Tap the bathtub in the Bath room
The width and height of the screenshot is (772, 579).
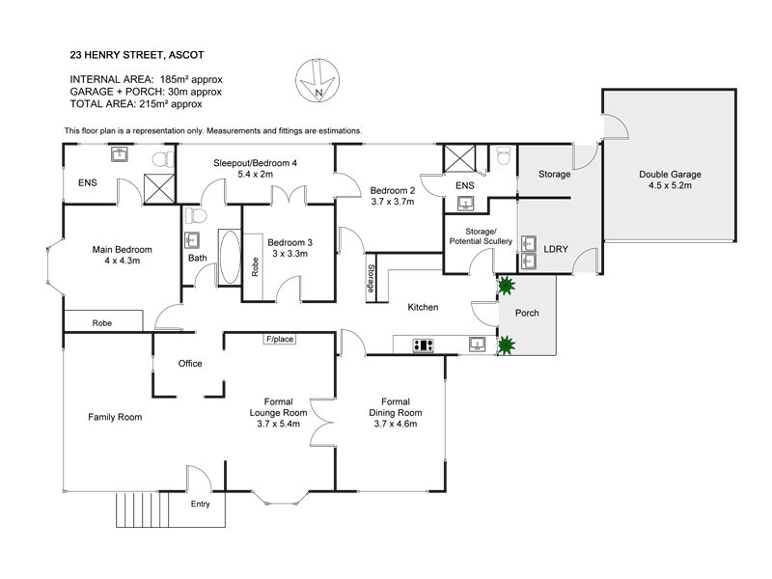click(x=229, y=258)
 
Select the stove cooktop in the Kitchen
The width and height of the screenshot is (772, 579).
click(x=422, y=344)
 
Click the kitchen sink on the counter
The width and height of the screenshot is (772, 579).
click(x=477, y=343)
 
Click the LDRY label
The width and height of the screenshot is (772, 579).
click(x=557, y=248)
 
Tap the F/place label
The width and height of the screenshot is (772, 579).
click(x=279, y=339)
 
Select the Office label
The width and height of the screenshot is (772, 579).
click(x=189, y=364)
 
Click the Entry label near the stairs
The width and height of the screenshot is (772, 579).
click(x=200, y=504)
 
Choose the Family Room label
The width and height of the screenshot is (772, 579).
click(x=115, y=417)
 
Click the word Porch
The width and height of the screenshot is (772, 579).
click(x=527, y=314)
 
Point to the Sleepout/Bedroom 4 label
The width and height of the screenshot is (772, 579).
click(x=255, y=170)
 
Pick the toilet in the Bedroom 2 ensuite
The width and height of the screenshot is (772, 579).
click(x=502, y=156)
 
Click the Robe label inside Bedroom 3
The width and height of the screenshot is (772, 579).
click(x=255, y=266)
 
